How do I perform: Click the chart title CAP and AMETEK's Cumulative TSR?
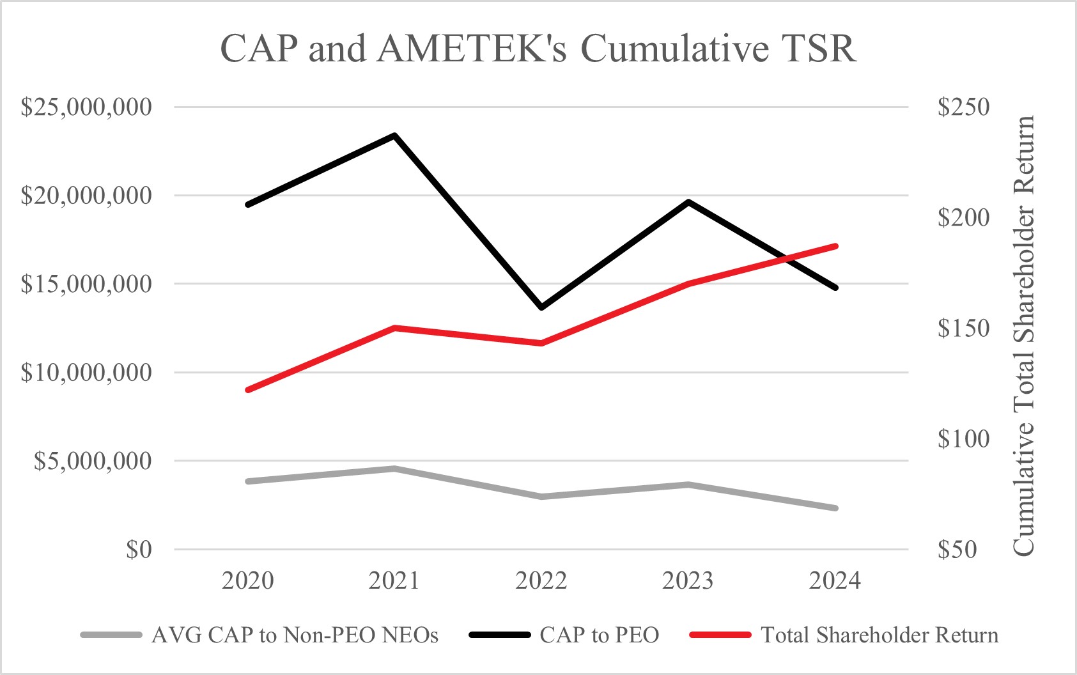coord(538,49)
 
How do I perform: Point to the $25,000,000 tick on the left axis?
coord(86,107)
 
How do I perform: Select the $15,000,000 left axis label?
coord(86,284)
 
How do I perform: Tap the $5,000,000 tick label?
coord(93,461)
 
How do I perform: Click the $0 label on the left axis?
coord(139,549)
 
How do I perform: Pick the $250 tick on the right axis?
coord(963,107)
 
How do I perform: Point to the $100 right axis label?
coord(963,438)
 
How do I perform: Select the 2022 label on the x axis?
coord(541,580)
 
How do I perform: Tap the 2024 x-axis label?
coord(835,580)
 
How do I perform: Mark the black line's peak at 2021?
coord(394,136)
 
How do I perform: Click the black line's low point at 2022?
coord(541,307)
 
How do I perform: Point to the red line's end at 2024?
coord(835,246)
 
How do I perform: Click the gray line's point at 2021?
coord(394,469)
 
